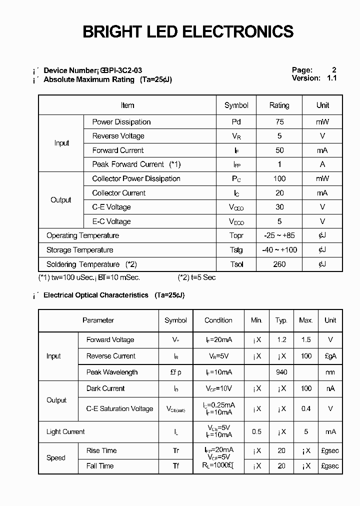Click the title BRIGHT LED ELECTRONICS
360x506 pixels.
click(x=187, y=31)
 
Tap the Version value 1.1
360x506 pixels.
click(x=331, y=78)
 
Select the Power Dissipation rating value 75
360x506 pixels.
click(x=279, y=122)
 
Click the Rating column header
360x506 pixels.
click(x=279, y=105)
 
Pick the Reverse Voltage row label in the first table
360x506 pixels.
click(x=118, y=136)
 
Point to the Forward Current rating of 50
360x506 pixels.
click(x=279, y=150)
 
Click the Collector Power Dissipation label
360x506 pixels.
click(x=136, y=179)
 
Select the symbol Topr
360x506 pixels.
click(x=236, y=236)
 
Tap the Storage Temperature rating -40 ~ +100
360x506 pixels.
click(x=279, y=250)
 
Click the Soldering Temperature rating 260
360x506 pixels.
click(x=279, y=264)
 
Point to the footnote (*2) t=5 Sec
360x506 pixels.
click(x=196, y=277)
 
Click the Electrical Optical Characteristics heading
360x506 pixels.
click(x=96, y=295)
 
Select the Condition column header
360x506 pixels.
click(x=218, y=320)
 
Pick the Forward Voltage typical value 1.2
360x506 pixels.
click(x=281, y=340)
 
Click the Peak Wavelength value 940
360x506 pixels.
click(x=281, y=372)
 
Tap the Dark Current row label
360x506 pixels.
click(x=105, y=388)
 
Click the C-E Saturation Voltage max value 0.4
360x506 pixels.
click(x=305, y=409)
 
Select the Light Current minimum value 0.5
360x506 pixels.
click(x=256, y=432)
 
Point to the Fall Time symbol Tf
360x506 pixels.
click(x=175, y=466)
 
